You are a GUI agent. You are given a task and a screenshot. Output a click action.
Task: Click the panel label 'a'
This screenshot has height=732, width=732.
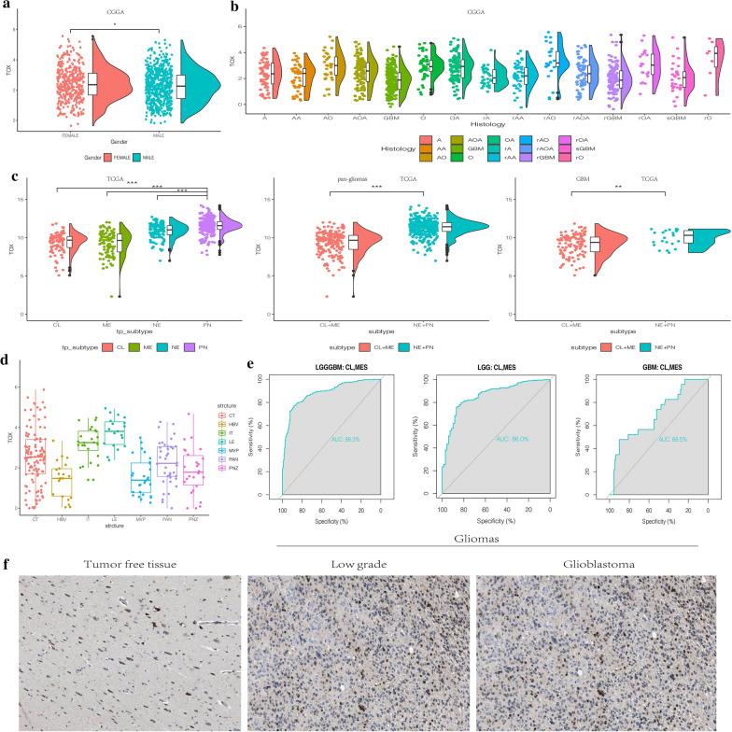pyautogui.click(x=7, y=7)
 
